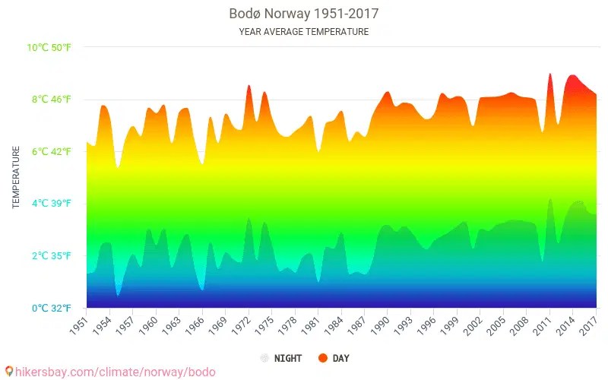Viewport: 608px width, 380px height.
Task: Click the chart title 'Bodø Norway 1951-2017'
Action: pos(303,14)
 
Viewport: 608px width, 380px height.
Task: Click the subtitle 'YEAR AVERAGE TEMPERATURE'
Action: pos(303,32)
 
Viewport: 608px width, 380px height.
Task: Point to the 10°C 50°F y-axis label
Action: pos(49,48)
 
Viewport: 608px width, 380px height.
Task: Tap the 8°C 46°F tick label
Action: pos(52,100)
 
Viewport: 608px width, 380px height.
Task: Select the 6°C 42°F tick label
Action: pos(52,152)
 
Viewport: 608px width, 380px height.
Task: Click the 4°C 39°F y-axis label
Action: pos(52,204)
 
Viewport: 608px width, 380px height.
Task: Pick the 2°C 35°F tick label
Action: pos(52,256)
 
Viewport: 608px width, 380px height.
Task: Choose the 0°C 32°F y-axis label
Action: pos(52,308)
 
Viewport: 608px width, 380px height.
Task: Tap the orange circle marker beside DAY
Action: pos(323,358)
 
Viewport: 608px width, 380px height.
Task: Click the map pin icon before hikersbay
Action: pos(8,372)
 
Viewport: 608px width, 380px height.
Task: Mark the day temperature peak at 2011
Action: pos(550,74)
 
